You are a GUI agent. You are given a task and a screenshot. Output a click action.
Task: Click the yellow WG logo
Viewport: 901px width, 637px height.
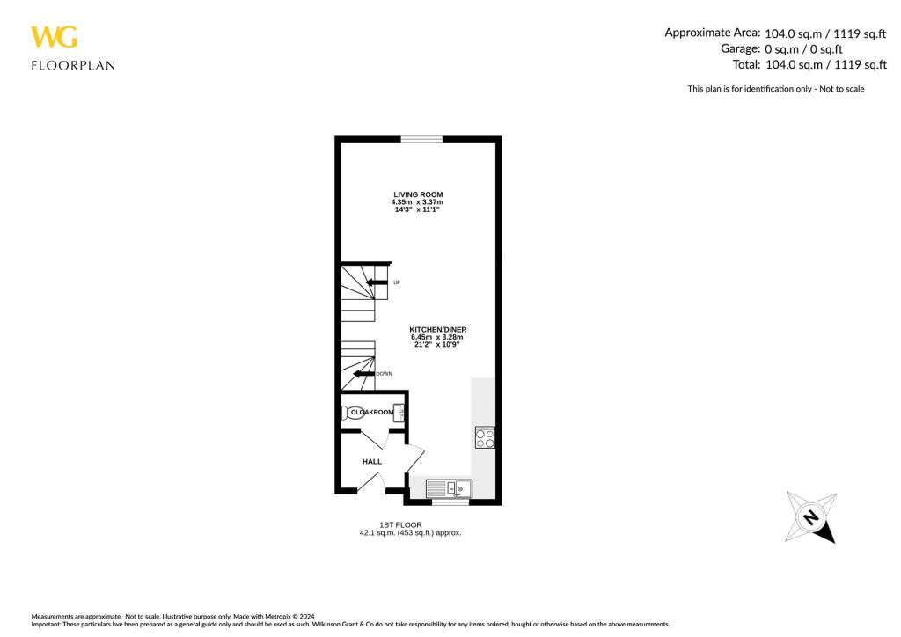point(54,37)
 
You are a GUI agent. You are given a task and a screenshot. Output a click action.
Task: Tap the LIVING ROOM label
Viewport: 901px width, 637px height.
point(417,194)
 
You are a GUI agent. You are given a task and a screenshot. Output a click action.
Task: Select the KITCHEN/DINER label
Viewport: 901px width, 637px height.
point(436,329)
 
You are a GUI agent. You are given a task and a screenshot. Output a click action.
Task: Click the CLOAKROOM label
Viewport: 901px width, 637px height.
point(372,412)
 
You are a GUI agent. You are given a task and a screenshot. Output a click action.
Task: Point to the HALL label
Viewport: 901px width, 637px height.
point(371,460)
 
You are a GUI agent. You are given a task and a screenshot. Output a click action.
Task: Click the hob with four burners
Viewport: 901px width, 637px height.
point(485,437)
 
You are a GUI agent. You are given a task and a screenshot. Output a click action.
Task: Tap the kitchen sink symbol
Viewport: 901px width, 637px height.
point(449,487)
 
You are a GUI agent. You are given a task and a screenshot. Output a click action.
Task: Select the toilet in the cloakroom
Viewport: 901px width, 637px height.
point(354,412)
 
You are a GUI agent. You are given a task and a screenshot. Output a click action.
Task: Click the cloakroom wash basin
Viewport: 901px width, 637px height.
point(399,412)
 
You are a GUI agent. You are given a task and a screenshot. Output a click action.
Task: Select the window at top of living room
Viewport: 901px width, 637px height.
point(421,139)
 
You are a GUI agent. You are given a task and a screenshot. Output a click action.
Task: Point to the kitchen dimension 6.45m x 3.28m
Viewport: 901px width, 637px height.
point(436,337)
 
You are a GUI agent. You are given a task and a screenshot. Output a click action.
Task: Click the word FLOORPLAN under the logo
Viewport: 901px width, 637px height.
point(73,65)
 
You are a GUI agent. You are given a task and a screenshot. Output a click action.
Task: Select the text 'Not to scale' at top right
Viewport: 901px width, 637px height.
point(842,88)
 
